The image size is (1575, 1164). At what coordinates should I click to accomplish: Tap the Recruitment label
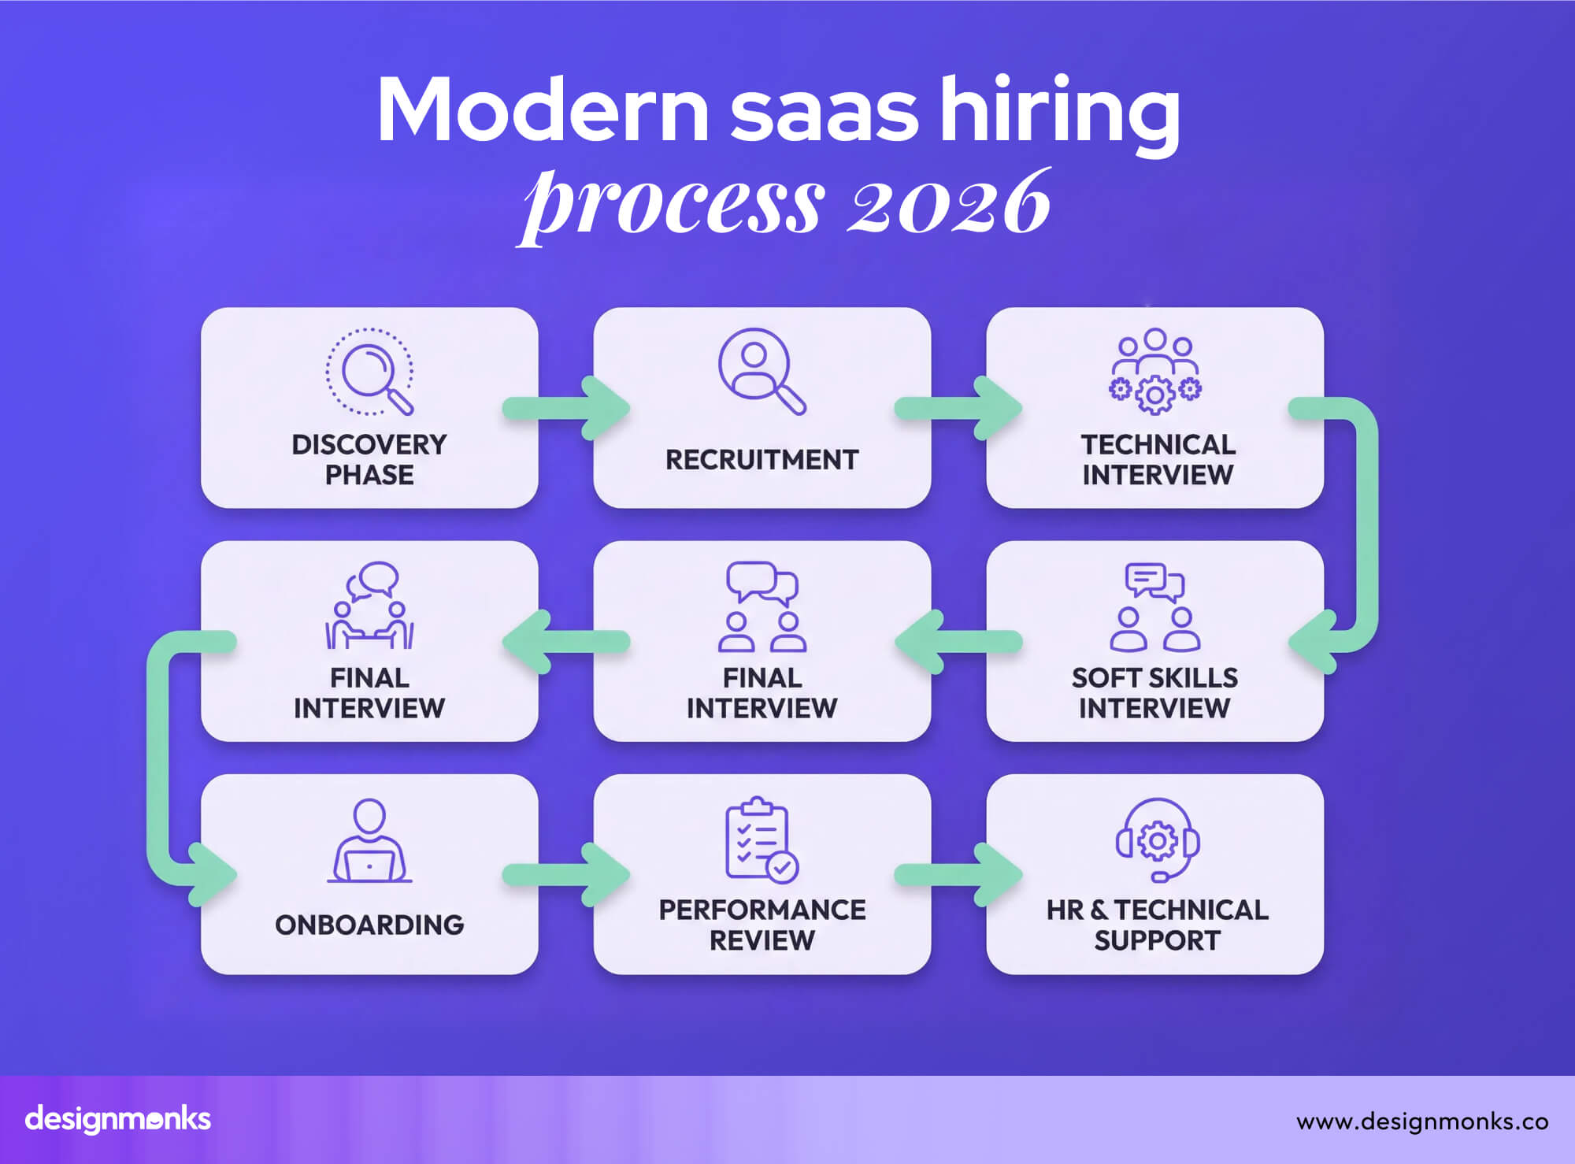tap(762, 460)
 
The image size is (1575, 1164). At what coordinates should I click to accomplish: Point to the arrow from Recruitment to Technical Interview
tap(958, 409)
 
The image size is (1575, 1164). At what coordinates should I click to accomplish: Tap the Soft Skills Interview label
tap(1154, 693)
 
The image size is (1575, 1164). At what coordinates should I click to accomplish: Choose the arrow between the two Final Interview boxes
tap(565, 642)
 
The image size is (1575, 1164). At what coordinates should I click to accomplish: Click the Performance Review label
tap(762, 925)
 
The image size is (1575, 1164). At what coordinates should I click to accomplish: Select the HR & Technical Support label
tap(1157, 925)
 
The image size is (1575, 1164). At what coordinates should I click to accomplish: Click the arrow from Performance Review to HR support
tap(958, 874)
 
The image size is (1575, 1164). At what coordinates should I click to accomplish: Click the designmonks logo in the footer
tap(118, 1119)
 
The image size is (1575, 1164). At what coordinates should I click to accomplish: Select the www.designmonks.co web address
tap(1422, 1121)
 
